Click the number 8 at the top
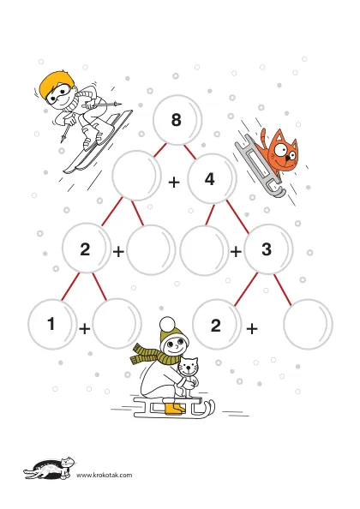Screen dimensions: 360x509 177,119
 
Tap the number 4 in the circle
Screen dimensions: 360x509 210,179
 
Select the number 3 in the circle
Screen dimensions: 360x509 267,249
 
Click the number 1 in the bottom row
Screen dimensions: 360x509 51,323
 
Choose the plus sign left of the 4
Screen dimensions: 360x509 174,183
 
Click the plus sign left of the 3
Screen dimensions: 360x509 236,251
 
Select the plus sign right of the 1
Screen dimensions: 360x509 84,328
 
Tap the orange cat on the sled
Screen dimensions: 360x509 280,153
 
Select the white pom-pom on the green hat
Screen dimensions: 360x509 167,324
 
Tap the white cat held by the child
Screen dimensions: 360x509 189,374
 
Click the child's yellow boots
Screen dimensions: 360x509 175,409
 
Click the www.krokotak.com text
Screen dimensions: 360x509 105,476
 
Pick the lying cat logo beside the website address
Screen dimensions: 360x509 49,468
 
